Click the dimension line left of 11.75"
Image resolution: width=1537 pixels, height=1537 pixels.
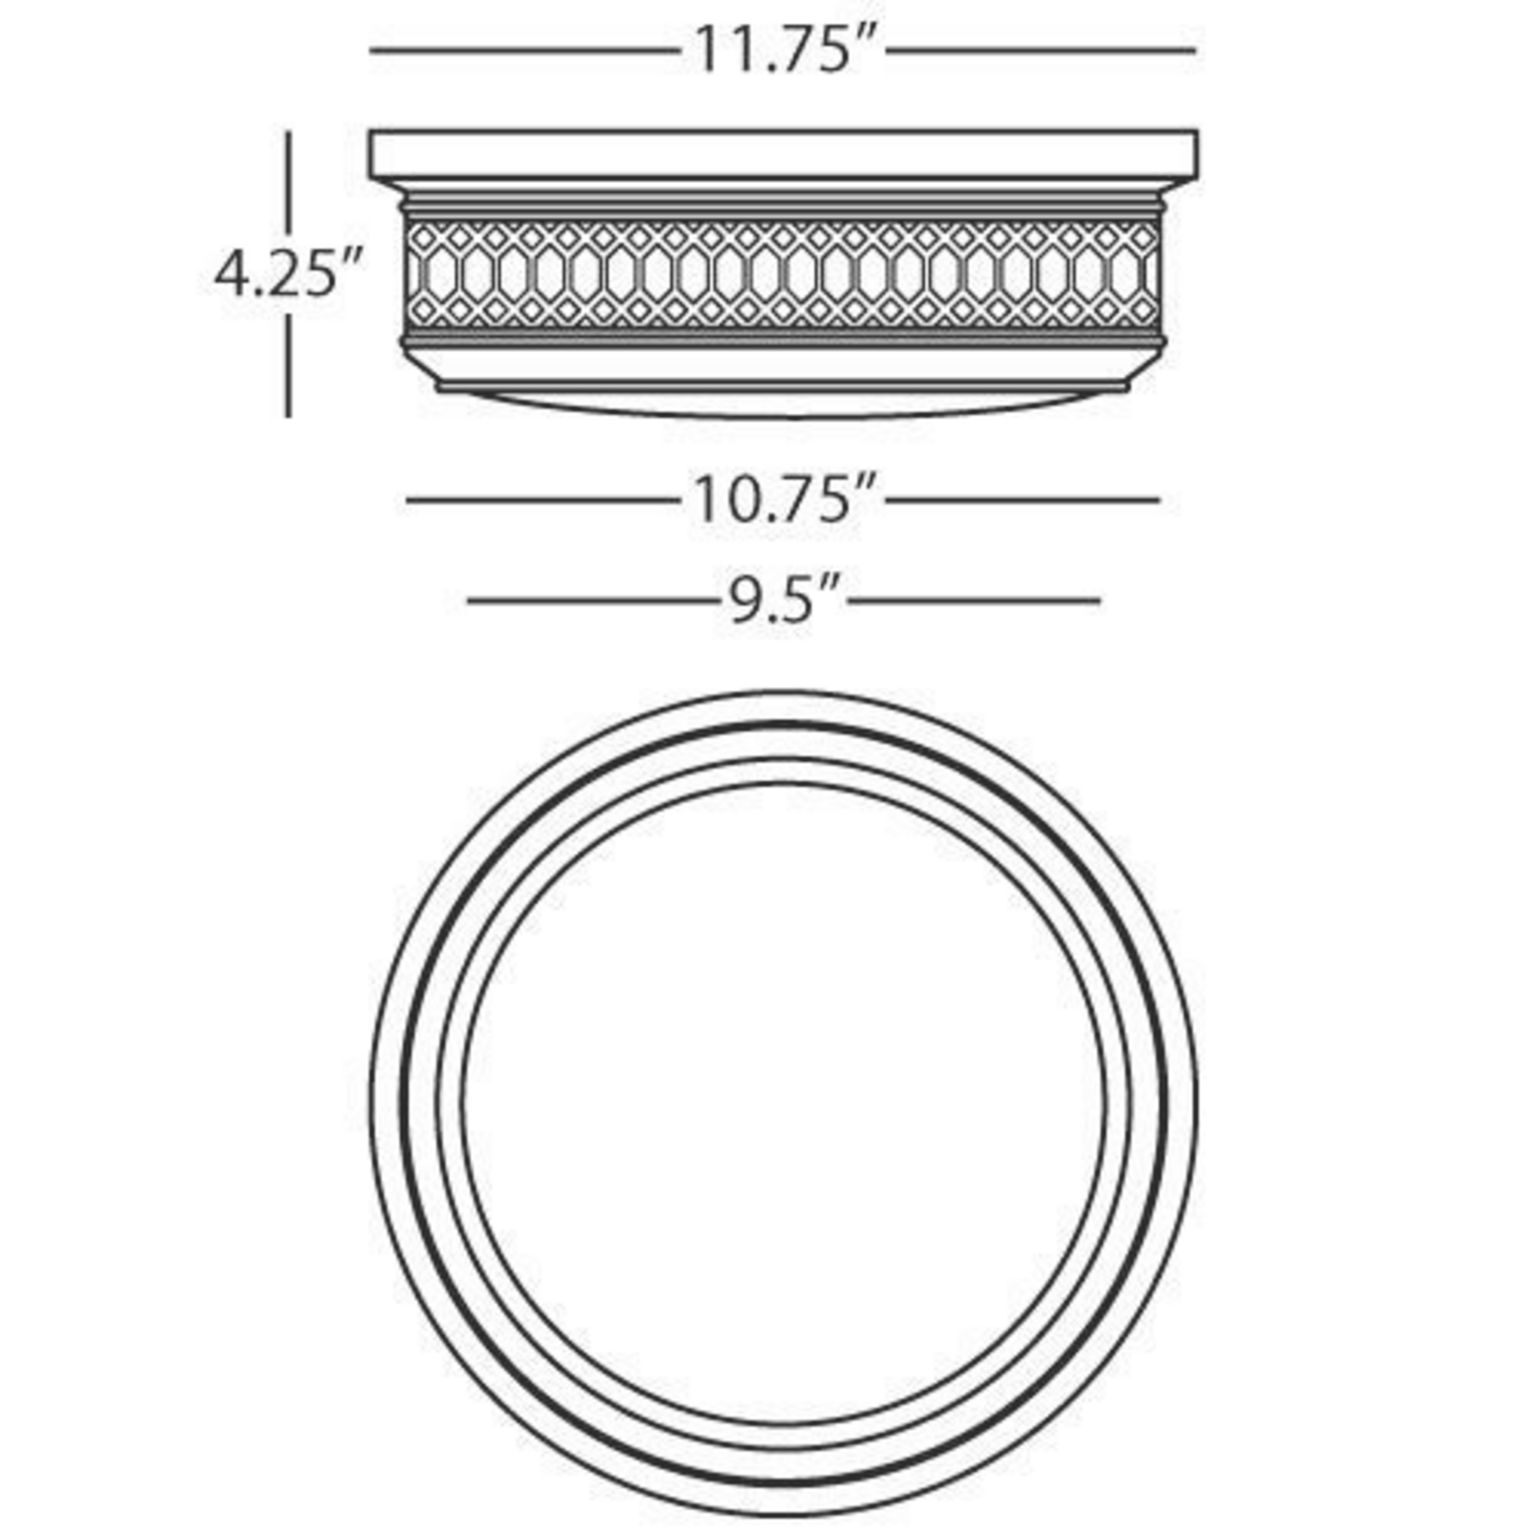525,51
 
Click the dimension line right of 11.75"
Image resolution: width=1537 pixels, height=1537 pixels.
1041,51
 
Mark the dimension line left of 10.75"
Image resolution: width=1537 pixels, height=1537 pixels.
543,500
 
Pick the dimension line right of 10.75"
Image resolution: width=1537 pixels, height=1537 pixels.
1023,500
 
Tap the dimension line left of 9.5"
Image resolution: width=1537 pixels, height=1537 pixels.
592,601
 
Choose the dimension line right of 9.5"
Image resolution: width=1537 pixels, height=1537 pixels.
974,601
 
